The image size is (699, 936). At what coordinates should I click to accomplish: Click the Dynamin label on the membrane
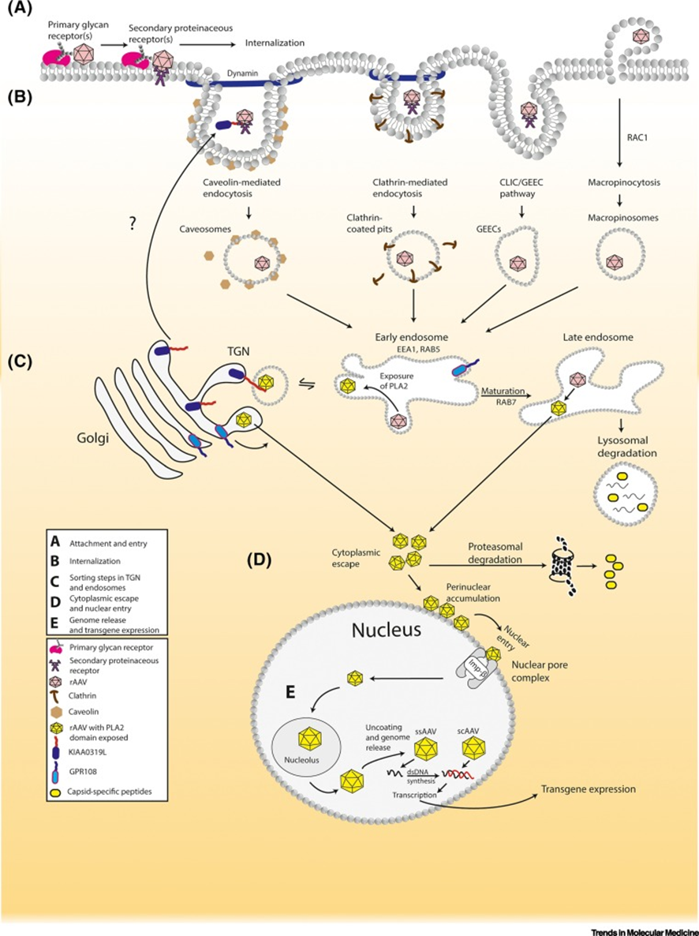[x=242, y=73]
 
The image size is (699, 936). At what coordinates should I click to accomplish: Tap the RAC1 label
[x=637, y=137]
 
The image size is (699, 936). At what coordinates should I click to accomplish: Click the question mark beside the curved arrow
[x=133, y=224]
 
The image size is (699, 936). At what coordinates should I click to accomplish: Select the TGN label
[x=238, y=351]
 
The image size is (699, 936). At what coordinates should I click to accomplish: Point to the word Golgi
[x=92, y=440]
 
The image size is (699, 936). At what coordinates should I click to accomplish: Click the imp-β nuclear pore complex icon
[x=477, y=665]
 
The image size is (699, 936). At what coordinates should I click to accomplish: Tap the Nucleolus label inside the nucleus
[x=302, y=760]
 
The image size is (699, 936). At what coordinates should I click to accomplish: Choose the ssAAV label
[x=427, y=731]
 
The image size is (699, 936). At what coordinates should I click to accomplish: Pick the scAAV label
[x=468, y=731]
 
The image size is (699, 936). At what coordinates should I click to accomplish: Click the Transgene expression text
[x=588, y=789]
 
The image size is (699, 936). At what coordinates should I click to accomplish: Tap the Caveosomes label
[x=205, y=229]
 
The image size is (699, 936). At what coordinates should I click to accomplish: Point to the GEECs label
[x=489, y=229]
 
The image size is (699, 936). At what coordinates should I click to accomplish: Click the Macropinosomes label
[x=623, y=218]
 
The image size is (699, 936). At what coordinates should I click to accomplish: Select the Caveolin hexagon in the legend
[x=58, y=712]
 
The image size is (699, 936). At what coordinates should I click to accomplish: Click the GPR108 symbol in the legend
[x=57, y=771]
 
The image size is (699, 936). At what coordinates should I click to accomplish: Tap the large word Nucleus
[x=387, y=629]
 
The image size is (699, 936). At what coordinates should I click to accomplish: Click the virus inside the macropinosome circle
[x=613, y=261]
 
